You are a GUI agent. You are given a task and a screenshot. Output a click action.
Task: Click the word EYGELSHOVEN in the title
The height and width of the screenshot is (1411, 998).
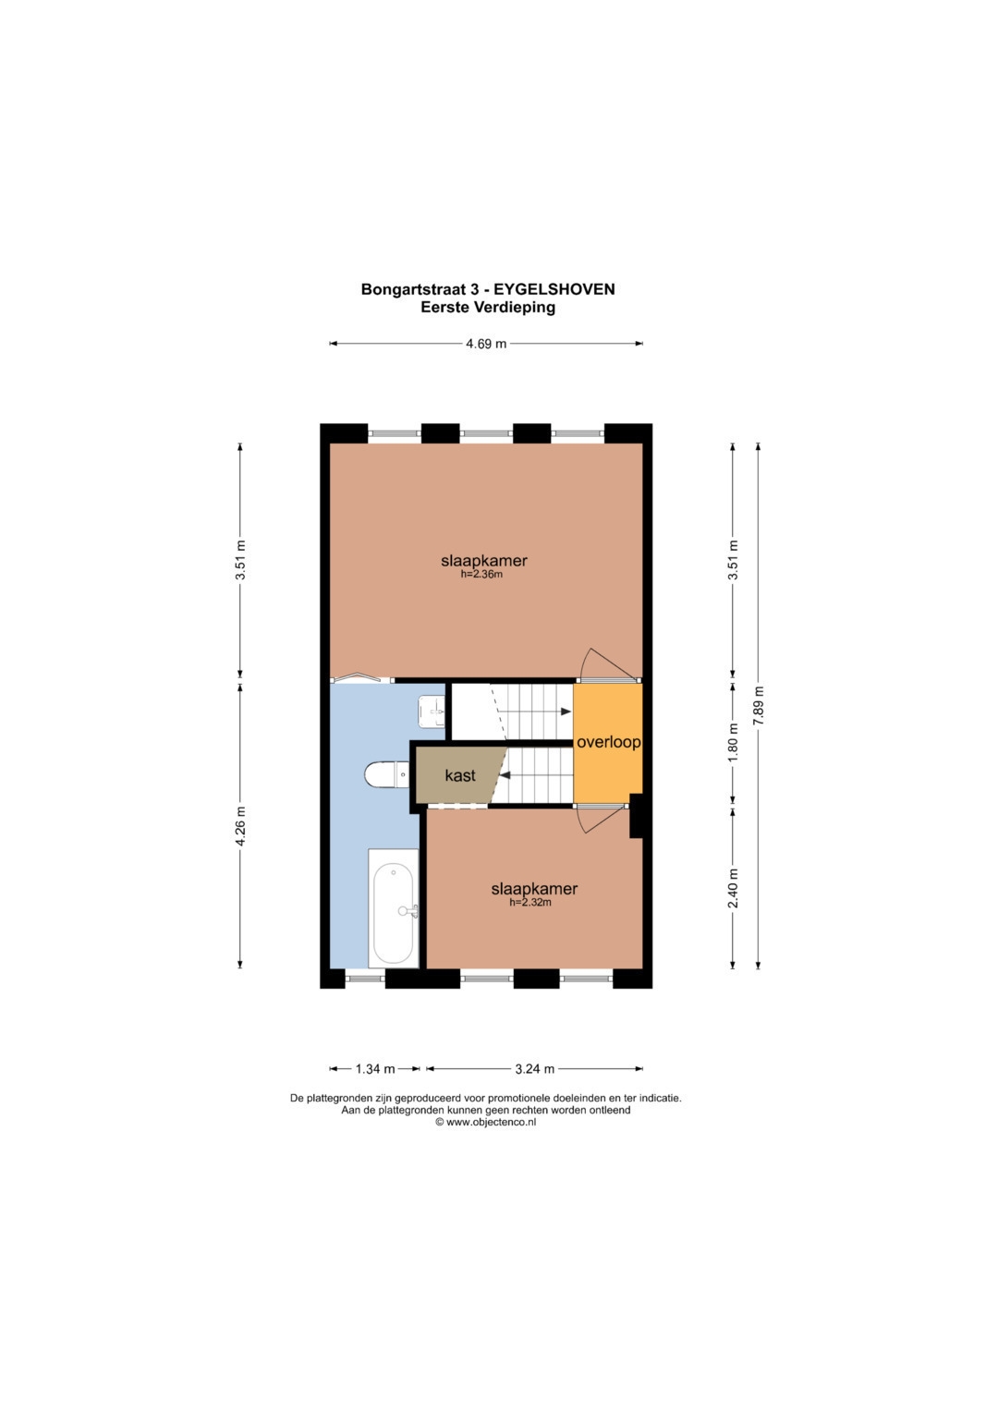coord(554,289)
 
